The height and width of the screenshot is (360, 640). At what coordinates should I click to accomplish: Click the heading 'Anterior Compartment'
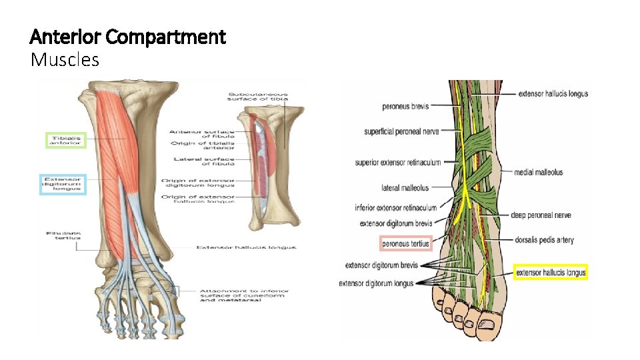pyautogui.click(x=128, y=37)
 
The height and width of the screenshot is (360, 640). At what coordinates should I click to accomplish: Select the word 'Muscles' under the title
pyautogui.click(x=65, y=60)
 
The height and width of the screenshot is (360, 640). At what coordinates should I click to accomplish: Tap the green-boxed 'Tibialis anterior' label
pyautogui.click(x=65, y=140)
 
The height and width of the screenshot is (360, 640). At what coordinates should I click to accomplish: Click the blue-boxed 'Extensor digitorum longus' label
pyautogui.click(x=63, y=183)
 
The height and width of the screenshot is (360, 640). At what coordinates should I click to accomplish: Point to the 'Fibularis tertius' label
pyautogui.click(x=63, y=235)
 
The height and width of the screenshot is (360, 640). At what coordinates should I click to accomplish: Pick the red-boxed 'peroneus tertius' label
pyautogui.click(x=405, y=244)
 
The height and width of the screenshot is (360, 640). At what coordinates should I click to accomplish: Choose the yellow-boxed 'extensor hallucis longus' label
pyautogui.click(x=551, y=272)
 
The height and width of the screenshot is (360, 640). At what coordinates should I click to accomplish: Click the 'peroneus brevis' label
pyautogui.click(x=405, y=106)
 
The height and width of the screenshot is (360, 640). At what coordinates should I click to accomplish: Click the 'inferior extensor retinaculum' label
pyautogui.click(x=396, y=208)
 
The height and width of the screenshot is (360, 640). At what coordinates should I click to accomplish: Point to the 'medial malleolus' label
pyautogui.click(x=538, y=172)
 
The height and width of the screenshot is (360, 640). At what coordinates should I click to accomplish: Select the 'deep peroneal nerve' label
pyautogui.click(x=541, y=215)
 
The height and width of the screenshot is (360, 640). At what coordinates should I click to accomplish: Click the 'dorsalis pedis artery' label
pyautogui.click(x=544, y=240)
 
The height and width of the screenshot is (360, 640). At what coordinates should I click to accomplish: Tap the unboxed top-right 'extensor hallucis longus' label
pyautogui.click(x=553, y=94)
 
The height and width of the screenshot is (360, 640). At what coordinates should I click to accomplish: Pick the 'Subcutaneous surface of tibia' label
pyautogui.click(x=257, y=97)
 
